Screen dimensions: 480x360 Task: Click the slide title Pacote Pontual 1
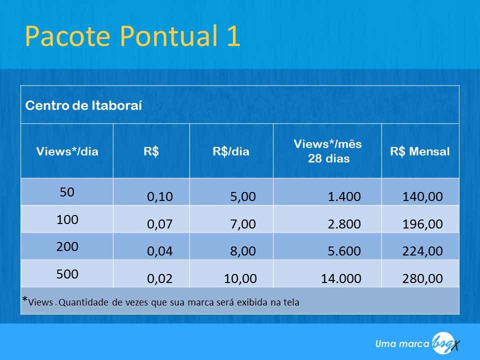pyautogui.click(x=132, y=36)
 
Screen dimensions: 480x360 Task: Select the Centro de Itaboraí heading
pyautogui.click(x=83, y=105)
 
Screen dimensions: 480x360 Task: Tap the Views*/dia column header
pyautogui.click(x=67, y=151)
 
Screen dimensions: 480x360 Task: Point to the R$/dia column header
pyautogui.click(x=231, y=151)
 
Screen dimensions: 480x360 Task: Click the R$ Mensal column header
pyautogui.click(x=420, y=151)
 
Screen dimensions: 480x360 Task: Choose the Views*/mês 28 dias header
pyautogui.click(x=328, y=151)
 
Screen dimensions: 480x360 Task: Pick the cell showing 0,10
pyautogui.click(x=160, y=196)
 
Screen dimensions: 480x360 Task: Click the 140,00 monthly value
pyautogui.click(x=422, y=196)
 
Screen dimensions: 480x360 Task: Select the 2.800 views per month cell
pyautogui.click(x=344, y=224)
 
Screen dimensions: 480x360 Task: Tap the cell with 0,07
pyautogui.click(x=160, y=224)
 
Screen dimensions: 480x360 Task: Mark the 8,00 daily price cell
pyautogui.click(x=243, y=251)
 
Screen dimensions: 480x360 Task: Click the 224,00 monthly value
pyautogui.click(x=422, y=251)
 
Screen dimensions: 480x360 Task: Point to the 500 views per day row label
pyautogui.click(x=67, y=274)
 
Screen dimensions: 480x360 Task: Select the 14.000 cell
pyautogui.click(x=341, y=278)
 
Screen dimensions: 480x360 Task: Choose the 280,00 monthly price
pyautogui.click(x=422, y=278)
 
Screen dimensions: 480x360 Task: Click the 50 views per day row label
pyautogui.click(x=67, y=192)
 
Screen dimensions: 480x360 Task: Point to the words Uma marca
pyautogui.click(x=402, y=344)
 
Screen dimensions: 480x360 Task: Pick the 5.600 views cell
pyautogui.click(x=344, y=251)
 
